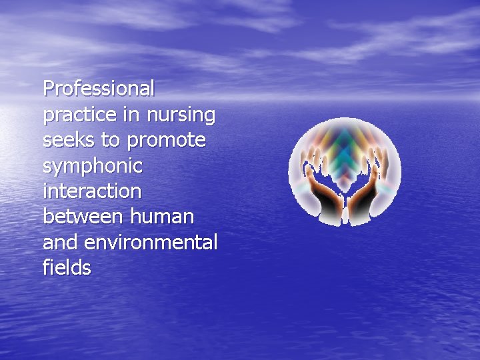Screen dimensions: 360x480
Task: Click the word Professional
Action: click(x=99, y=88)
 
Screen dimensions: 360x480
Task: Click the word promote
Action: click(x=167, y=141)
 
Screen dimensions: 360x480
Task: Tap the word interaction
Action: click(x=92, y=191)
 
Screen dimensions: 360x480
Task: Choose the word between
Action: click(x=83, y=217)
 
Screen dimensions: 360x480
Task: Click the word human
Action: click(x=163, y=217)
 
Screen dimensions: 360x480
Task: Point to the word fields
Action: click(x=67, y=267)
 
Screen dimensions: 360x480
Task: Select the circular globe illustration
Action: click(x=345, y=172)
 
